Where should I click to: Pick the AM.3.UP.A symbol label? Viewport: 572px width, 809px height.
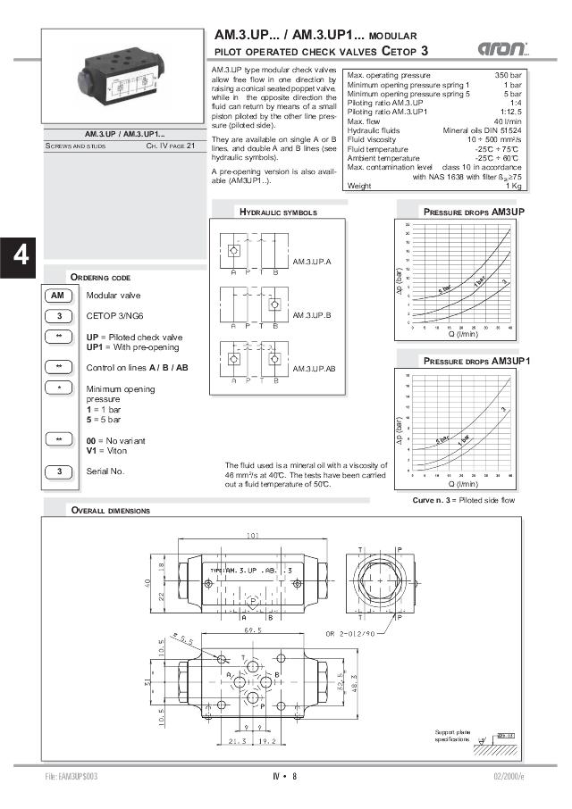(x=312, y=261)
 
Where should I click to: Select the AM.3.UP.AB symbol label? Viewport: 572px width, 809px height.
(x=314, y=368)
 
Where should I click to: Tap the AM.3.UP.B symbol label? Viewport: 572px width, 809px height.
(x=312, y=315)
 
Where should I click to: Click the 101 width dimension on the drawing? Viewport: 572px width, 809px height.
(x=253, y=536)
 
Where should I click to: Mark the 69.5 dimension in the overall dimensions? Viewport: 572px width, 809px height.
(x=253, y=630)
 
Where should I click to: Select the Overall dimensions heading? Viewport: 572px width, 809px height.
(x=110, y=511)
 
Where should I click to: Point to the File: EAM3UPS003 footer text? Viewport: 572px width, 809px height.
(x=71, y=776)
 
